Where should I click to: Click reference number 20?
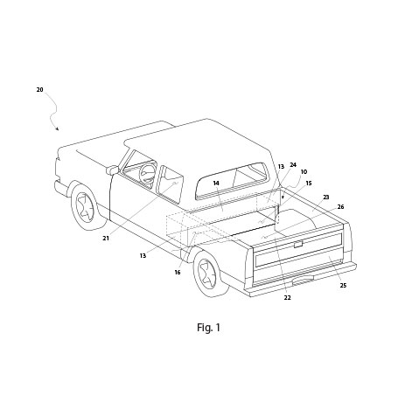39,89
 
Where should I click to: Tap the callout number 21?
105,238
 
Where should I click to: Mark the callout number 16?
178,274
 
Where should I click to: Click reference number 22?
287,298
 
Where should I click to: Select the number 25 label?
343,286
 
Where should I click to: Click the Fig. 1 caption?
207,329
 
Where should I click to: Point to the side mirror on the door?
112,170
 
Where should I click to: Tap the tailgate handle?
298,245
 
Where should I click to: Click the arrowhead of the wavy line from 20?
59,130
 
